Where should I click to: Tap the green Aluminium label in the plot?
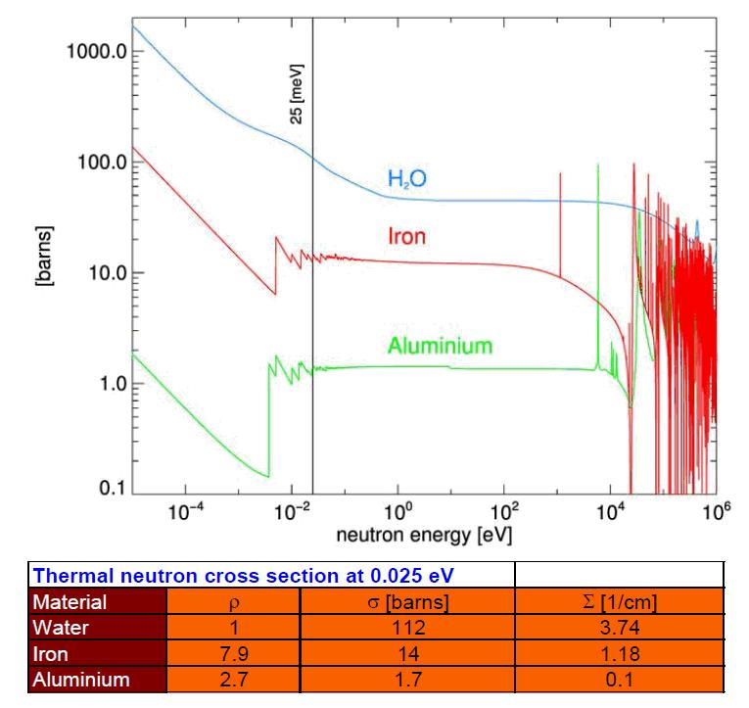(440, 345)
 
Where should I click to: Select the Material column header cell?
(70, 601)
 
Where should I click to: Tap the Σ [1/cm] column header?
(619, 602)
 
